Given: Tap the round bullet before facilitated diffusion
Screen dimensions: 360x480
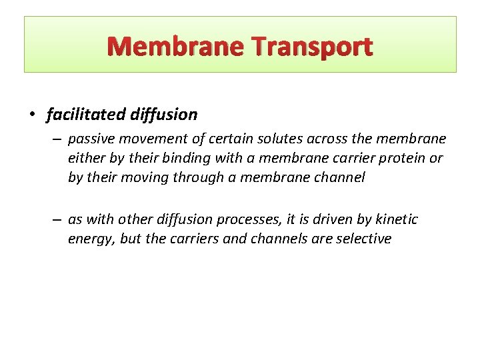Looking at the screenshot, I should [33, 115].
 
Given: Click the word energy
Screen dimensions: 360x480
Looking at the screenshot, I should [92, 239].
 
